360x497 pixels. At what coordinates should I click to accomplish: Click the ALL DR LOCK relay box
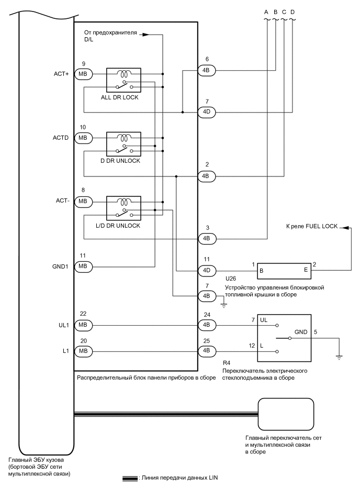tap(123, 80)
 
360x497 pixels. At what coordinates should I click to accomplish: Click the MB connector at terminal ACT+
tap(83, 74)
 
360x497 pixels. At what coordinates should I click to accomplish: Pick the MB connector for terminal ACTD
tap(83, 138)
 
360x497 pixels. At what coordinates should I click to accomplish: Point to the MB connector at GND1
tap(83, 267)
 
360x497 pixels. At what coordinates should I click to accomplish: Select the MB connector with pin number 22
tap(83, 325)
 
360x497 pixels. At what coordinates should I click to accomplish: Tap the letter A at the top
tap(266, 12)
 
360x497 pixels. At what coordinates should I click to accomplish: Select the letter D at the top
tap(292, 12)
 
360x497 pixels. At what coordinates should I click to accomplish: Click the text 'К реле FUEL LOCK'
tap(311, 226)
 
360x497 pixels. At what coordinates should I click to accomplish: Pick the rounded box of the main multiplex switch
tap(286, 414)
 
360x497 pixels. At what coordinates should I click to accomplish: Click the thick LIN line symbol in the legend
tap(130, 478)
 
